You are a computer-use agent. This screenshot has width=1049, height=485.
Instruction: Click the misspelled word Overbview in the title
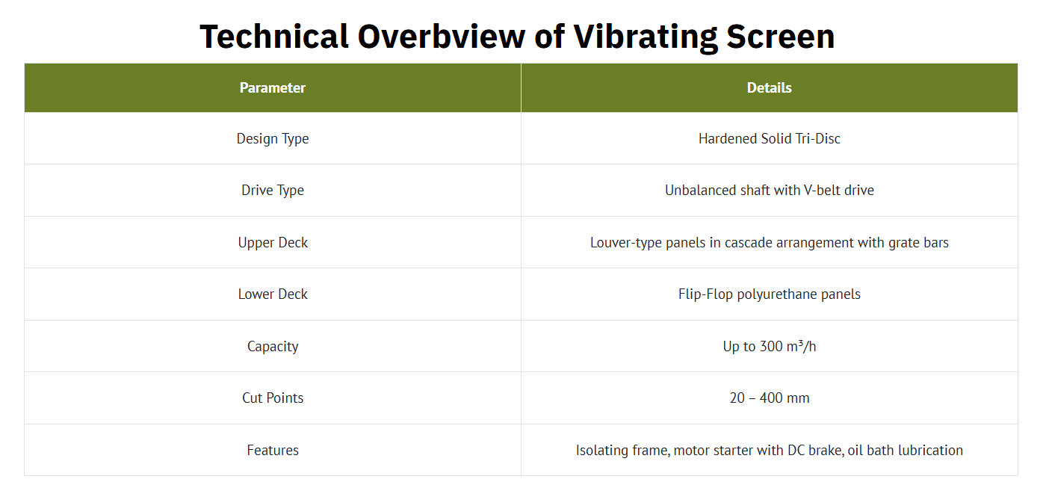tap(441, 37)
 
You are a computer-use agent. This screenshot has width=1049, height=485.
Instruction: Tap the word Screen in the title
tap(781, 37)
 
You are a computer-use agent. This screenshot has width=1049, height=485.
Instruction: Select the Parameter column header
tap(273, 87)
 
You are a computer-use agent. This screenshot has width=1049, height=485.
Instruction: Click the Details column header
tap(769, 87)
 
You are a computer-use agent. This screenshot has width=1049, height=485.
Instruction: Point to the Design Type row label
tap(273, 139)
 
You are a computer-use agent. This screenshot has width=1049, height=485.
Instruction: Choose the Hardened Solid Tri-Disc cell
tap(770, 139)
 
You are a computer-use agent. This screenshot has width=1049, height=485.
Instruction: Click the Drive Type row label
tap(273, 191)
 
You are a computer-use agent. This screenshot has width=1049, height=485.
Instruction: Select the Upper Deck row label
tap(273, 243)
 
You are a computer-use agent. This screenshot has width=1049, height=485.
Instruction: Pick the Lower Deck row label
tap(273, 294)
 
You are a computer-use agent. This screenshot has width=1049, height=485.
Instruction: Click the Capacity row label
tap(273, 347)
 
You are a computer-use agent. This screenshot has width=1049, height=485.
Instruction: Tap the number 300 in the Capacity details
tap(771, 346)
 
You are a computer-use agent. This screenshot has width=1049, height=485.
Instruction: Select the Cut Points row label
tap(273, 398)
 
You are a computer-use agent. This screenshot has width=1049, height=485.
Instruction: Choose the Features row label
tap(273, 451)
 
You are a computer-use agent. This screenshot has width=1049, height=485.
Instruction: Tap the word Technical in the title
tap(274, 37)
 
